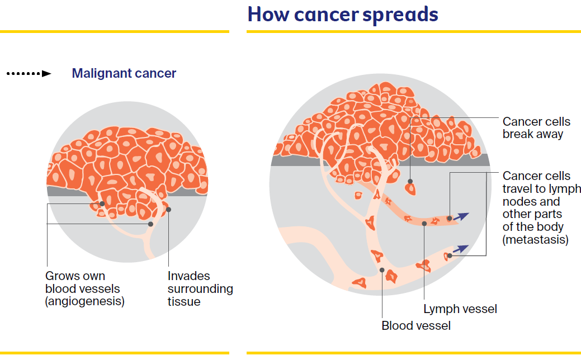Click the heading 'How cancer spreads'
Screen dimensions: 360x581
pos(343,14)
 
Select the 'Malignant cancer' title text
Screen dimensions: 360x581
pos(124,73)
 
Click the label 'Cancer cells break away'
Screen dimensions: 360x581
pos(536,127)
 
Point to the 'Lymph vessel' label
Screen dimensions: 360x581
pos(460,309)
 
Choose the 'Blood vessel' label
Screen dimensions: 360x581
pos(415,325)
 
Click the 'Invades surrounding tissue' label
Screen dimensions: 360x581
pos(200,288)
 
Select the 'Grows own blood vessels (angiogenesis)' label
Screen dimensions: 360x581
pos(84,288)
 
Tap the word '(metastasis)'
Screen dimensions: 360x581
pos(535,240)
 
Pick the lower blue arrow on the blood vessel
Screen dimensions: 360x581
pos(461,249)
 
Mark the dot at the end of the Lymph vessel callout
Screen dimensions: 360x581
pos(424,224)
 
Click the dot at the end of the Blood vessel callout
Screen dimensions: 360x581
pos(382,270)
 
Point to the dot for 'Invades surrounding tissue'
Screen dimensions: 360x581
pos(168,210)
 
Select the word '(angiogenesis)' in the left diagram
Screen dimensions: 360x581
pos(84,301)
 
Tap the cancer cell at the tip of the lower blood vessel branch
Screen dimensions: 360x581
pos(448,257)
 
